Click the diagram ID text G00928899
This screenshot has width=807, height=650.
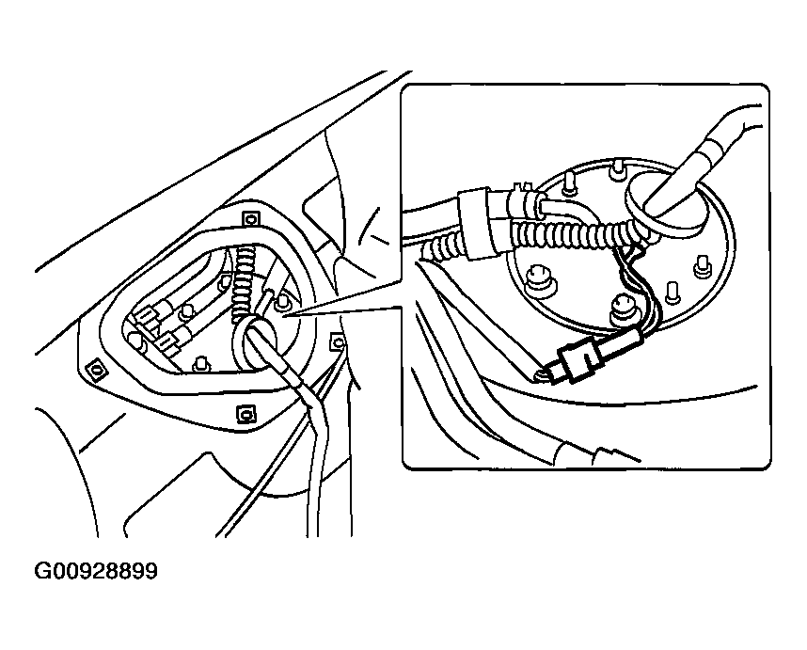96,571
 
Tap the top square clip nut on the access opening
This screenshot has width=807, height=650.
250,219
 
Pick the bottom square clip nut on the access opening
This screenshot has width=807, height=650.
246,413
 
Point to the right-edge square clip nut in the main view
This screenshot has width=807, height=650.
338,341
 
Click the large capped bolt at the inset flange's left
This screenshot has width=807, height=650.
538,277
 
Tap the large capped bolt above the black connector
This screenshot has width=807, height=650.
623,309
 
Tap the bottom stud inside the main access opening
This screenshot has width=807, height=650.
201,364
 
